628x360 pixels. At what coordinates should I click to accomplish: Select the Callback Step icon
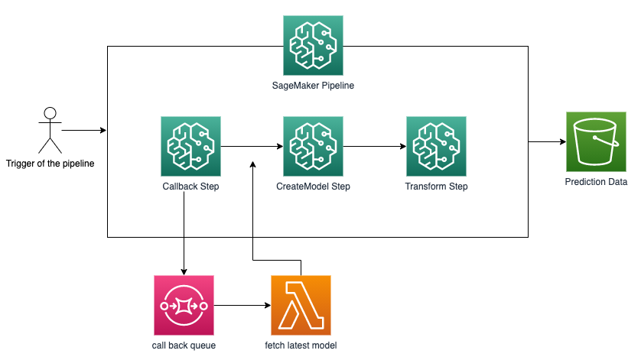[x=191, y=146]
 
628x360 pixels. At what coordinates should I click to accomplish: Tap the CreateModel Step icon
[x=314, y=146]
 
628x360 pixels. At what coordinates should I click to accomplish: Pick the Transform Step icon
[x=436, y=146]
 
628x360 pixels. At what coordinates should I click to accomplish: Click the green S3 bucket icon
[x=596, y=141]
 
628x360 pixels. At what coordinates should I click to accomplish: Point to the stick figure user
[x=50, y=130]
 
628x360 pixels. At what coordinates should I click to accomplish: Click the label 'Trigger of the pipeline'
[x=50, y=163]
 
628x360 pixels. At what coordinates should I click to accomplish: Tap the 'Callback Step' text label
[x=191, y=186]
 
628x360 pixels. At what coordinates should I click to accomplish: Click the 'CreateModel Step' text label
[x=314, y=186]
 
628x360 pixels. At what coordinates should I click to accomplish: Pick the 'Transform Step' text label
[x=436, y=186]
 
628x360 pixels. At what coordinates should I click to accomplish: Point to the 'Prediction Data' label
[x=596, y=182]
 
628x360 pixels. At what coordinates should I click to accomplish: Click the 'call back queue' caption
[x=184, y=345]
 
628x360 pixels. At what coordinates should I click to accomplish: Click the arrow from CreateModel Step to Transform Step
[x=375, y=146]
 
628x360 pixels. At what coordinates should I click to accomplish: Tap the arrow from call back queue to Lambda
[x=242, y=306]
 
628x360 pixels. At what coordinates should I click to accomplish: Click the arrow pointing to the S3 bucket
[x=547, y=141]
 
